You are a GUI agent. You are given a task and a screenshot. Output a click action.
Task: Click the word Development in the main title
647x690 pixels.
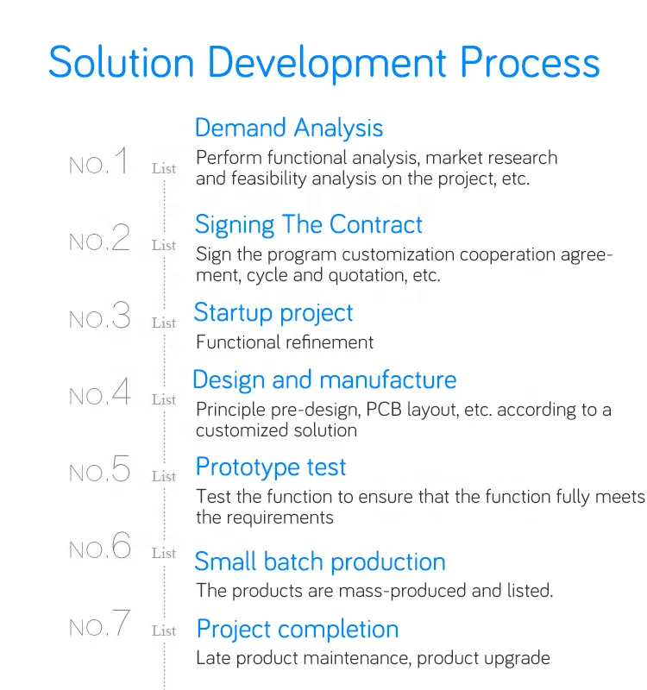coord(327,63)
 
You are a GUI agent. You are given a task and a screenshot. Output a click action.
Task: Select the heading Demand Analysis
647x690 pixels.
coord(289,128)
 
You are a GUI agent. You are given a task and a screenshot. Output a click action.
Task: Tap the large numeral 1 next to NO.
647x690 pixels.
coord(121,160)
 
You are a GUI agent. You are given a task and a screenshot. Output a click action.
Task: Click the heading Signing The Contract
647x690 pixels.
coord(309,225)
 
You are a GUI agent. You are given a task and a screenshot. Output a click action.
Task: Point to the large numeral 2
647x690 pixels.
coord(121,237)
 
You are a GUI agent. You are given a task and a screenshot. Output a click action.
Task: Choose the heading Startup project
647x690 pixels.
coord(273,313)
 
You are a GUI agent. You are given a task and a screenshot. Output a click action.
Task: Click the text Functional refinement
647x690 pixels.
coord(285,342)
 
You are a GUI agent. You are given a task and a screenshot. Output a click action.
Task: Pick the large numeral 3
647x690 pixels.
coord(121,315)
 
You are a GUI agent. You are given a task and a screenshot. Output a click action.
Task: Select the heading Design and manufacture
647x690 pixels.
coord(324,379)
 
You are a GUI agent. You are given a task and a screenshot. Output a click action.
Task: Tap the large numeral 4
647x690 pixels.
coord(121,392)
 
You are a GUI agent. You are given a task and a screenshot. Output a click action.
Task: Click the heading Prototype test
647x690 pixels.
coord(271,467)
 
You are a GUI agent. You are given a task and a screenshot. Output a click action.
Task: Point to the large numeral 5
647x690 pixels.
coord(121,468)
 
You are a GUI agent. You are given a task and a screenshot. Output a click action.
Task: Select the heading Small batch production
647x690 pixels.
coord(320,562)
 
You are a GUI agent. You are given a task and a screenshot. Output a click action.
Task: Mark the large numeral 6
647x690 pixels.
coord(121,545)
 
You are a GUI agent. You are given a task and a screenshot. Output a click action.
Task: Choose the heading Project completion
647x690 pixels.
coord(298,630)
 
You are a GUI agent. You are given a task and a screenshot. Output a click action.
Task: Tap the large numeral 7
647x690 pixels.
coord(121,623)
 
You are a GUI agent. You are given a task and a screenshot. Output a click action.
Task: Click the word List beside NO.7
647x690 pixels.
coord(164,631)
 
